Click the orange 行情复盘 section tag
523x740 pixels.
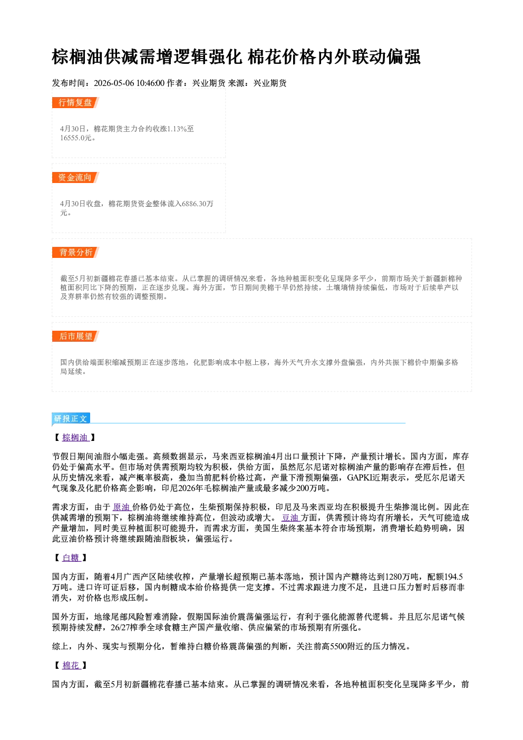[75, 102]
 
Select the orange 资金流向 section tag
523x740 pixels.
[75, 177]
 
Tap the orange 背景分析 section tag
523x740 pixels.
[75, 253]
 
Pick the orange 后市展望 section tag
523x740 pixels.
[75, 337]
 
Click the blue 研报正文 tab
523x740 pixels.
[71, 419]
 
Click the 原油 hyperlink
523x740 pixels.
[122, 507]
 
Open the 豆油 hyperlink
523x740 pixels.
[290, 517]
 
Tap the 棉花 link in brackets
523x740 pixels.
[71, 665]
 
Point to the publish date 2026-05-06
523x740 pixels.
[114, 83]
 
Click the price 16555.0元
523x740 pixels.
[75, 138]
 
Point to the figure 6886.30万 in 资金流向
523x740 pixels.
[198, 204]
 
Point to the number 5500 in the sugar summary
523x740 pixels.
[338, 647]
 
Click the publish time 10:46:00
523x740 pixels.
[150, 83]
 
